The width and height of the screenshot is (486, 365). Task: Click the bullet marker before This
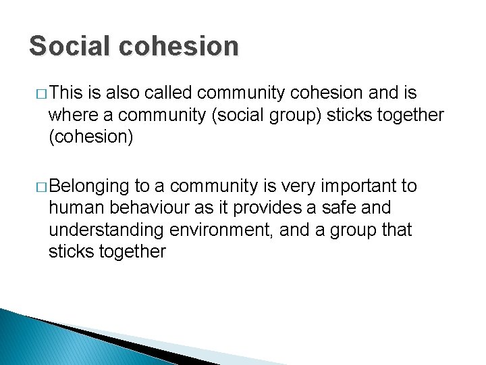click(x=42, y=93)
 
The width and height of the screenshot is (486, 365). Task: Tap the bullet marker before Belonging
click(x=42, y=187)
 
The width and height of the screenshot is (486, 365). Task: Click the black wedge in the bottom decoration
click(x=108, y=338)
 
